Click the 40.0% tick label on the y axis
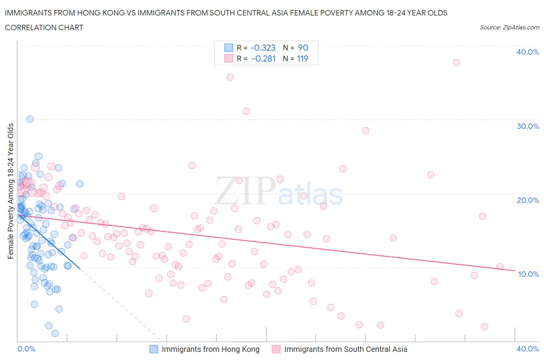527,52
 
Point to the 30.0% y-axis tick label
527,126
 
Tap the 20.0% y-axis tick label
527,200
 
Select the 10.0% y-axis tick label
528,274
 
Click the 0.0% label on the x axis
26,349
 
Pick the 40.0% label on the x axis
528,349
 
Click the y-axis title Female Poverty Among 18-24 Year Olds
10,191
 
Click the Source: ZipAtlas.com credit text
509,27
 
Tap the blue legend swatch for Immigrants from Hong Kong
154,349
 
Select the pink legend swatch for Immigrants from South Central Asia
276,349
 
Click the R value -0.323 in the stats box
263,48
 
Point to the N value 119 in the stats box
303,58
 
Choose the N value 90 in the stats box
303,48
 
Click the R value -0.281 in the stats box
263,58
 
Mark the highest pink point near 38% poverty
456,62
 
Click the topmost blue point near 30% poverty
30,119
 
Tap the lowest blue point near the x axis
55,333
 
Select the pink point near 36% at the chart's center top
230,77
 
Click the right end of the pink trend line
514,271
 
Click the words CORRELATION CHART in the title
44,27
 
